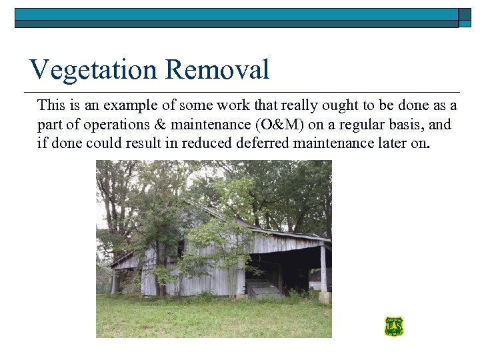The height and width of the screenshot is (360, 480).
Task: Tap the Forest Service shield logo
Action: [394, 327]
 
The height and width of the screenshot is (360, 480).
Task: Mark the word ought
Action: [343, 105]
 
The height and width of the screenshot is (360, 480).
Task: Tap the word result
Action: [144, 143]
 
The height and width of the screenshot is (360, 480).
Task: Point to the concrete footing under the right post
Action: [324, 297]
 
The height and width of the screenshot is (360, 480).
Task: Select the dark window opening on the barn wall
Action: [181, 249]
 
